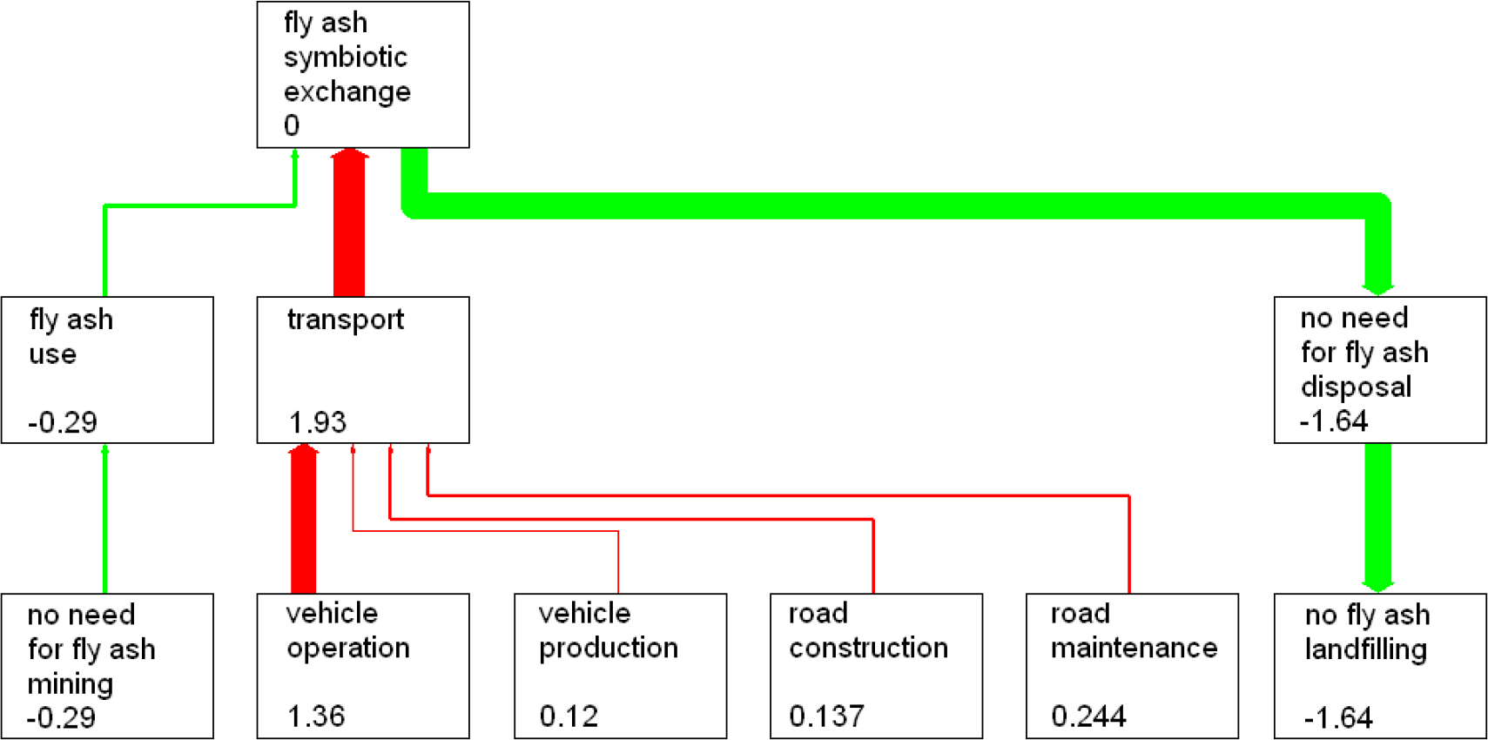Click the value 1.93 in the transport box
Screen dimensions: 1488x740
pos(318,422)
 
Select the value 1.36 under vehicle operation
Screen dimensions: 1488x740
pos(316,716)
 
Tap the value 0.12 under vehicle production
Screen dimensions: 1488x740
pos(569,716)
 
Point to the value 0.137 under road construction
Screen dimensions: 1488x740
pos(826,716)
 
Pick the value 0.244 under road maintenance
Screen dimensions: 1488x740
pos(1088,716)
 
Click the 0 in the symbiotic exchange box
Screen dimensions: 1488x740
pos(292,125)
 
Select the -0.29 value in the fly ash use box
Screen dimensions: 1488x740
pos(63,422)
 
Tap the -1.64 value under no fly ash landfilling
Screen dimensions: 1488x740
pos(1338,718)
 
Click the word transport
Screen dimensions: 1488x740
pos(346,320)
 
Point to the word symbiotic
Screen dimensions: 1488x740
pos(346,57)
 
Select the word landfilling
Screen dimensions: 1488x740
pos(1366,649)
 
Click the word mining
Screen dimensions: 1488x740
pos(71,684)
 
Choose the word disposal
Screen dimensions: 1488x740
pos(1356,387)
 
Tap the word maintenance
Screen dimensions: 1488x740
pos(1134,648)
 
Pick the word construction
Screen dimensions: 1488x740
pos(868,648)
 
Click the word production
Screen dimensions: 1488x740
pos(609,649)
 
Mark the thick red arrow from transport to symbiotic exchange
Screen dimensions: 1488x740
pos(349,222)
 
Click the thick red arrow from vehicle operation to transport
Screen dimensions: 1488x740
pos(304,518)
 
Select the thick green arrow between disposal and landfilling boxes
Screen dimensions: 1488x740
pos(1377,518)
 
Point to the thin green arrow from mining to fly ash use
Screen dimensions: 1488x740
pos(105,518)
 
